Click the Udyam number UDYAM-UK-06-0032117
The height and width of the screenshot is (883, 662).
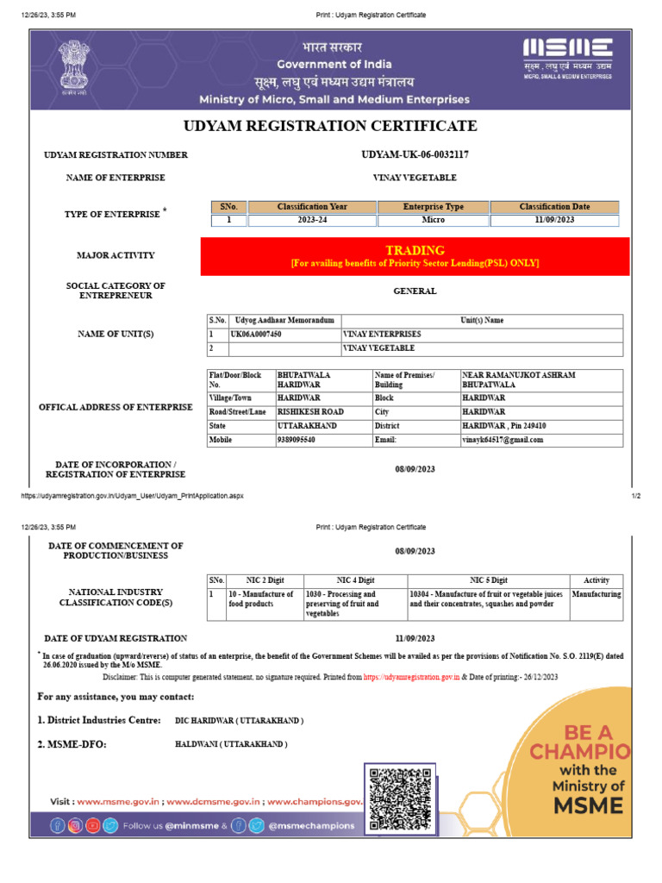pos(415,154)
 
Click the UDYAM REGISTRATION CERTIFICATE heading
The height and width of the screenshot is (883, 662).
pos(330,126)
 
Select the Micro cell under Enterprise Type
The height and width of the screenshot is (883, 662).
pos(434,221)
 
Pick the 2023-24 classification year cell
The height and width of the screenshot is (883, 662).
pos(313,221)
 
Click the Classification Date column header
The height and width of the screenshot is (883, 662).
pos(554,207)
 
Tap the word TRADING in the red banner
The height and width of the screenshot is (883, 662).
pos(415,250)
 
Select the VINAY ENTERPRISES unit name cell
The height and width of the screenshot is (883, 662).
pos(383,334)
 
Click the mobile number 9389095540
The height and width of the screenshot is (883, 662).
pos(296,440)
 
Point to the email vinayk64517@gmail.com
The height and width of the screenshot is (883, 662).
pos(503,440)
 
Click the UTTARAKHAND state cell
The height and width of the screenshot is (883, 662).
pos(307,426)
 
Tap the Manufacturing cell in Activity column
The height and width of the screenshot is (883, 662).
pos(596,595)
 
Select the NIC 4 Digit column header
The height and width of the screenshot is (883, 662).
pos(354,580)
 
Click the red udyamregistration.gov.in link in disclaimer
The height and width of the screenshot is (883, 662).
pos(411,678)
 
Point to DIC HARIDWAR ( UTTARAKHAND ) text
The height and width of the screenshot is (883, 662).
pos(239,720)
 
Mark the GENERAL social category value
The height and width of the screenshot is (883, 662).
pos(415,291)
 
